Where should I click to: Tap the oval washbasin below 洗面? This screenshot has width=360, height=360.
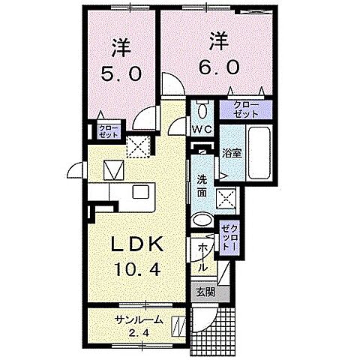[x=202, y=220]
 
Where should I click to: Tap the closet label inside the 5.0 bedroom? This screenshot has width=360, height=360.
[x=109, y=132]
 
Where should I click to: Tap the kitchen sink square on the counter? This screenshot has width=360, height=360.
[x=141, y=191]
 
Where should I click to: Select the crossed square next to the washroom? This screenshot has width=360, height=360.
[x=226, y=199]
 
